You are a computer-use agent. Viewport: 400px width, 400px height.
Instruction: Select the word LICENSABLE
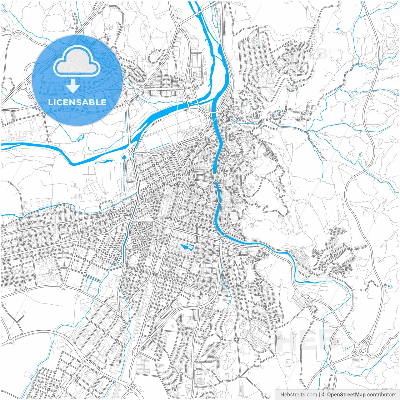coord(77,102)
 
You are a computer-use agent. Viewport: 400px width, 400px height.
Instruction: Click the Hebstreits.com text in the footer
coord(298,395)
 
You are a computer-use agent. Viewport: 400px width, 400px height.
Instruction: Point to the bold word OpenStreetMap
coord(346,395)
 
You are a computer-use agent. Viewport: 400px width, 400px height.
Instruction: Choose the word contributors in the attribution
coord(382,395)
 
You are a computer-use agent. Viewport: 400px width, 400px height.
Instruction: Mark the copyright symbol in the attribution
coord(324,395)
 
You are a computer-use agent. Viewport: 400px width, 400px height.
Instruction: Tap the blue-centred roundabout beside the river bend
coord(222,241)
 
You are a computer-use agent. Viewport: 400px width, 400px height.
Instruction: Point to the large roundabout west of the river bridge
coord(207,114)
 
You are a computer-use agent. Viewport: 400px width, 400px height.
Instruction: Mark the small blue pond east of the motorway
coord(388,286)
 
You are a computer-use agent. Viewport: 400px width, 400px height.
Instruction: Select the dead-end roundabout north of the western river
coord(48,140)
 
